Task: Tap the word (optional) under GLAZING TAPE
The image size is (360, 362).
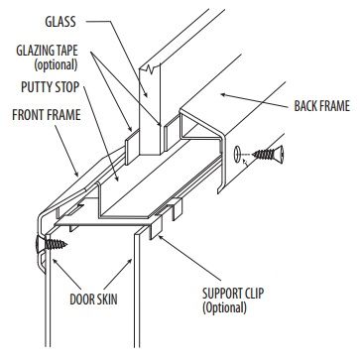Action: (x=49, y=64)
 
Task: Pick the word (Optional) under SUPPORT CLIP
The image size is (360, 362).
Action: (x=230, y=308)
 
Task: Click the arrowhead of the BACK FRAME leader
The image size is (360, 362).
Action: (x=219, y=94)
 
